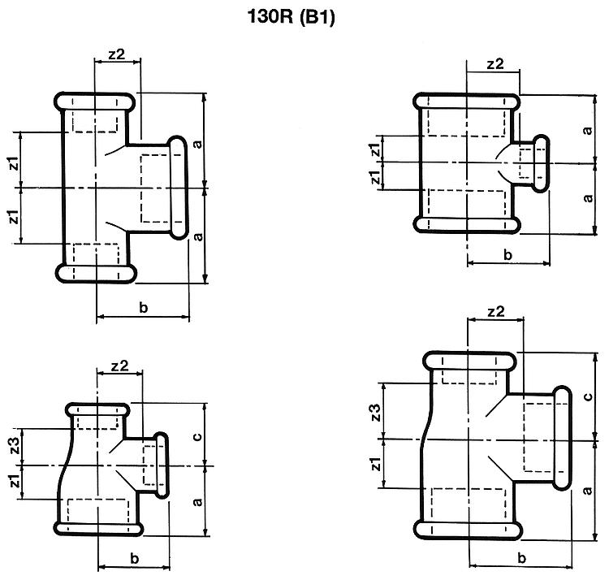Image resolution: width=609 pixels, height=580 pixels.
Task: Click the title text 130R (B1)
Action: pos(291,17)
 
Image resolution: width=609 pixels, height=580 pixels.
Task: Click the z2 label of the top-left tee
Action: pos(116,54)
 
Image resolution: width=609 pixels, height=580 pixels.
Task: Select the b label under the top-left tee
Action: pos(143,307)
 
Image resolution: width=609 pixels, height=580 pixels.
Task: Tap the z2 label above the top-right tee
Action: pos(495,63)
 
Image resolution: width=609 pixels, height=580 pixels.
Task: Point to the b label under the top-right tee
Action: pos(508,255)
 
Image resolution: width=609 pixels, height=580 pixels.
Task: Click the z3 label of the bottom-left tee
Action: pos(15,446)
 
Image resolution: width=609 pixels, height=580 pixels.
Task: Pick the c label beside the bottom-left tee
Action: pos(197,436)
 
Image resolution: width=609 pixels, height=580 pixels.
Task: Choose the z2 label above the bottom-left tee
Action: pos(119,366)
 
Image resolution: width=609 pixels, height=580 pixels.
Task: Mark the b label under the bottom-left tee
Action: pos(134,558)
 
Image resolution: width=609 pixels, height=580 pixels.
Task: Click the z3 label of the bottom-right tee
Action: pos(376,413)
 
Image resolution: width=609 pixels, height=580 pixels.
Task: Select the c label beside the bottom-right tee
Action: pos(588,396)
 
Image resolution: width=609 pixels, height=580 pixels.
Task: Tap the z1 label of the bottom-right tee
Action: pos(376,464)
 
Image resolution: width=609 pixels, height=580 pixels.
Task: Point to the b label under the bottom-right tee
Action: pos(521,558)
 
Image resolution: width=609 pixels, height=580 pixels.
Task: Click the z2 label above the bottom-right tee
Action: pos(495,311)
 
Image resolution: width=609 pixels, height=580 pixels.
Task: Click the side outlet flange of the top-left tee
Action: pos(178,188)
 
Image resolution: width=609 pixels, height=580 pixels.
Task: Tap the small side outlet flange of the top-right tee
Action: pos(540,163)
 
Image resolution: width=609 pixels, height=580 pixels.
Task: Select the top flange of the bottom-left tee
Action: pos(97,410)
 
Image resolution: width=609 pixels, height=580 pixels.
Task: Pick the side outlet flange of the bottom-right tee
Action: pos(562,438)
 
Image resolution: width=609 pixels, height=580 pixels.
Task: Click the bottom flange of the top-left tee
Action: pos(96,273)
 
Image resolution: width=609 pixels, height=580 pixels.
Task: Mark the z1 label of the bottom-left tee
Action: pos(15,481)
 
